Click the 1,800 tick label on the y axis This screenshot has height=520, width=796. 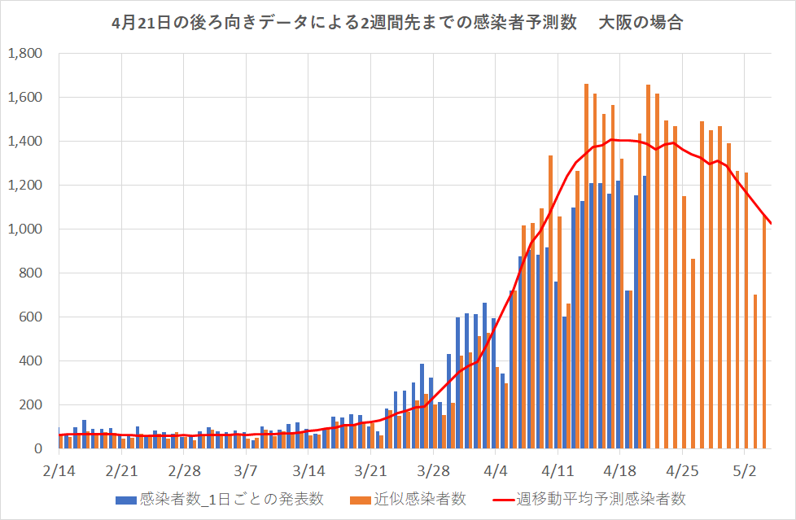(27, 54)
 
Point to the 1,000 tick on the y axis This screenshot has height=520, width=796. (27, 229)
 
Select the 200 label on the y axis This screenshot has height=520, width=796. (33, 405)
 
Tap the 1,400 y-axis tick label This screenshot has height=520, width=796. (27, 142)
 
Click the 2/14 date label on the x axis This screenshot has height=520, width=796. (59, 472)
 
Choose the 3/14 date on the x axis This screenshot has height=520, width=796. (308, 472)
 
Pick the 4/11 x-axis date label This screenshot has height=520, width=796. (558, 472)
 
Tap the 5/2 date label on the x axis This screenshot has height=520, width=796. (746, 472)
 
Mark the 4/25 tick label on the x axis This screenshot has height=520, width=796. (683, 472)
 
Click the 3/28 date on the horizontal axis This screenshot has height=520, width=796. (433, 472)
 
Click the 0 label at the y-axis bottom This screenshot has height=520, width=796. (38, 449)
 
